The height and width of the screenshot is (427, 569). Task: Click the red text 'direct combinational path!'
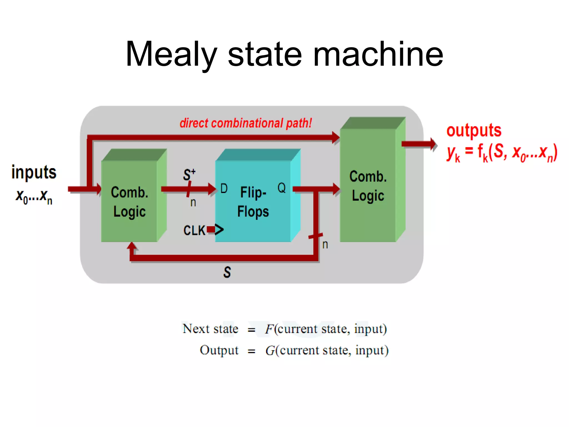(x=246, y=123)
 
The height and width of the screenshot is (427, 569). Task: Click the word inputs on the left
(x=34, y=172)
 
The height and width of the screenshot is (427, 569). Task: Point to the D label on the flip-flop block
(x=224, y=188)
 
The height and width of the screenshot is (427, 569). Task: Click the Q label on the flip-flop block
(x=281, y=188)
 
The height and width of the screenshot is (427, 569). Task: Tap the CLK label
(x=194, y=230)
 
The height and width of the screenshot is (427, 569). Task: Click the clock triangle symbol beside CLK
(x=219, y=230)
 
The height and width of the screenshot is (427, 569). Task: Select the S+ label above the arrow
(x=189, y=174)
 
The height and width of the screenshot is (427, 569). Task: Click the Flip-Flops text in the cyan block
(x=253, y=202)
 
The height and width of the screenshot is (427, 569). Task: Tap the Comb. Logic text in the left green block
(x=129, y=202)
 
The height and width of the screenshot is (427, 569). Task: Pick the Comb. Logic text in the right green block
(x=368, y=186)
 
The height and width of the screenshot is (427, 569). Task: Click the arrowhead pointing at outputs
(x=433, y=144)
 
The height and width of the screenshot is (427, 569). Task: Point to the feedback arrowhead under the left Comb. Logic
(x=132, y=246)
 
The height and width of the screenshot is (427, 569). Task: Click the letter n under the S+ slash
(x=193, y=203)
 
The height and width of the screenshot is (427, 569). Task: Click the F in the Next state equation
(x=269, y=329)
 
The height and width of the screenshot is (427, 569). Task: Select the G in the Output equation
(x=270, y=351)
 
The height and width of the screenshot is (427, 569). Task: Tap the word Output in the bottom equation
(x=219, y=350)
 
